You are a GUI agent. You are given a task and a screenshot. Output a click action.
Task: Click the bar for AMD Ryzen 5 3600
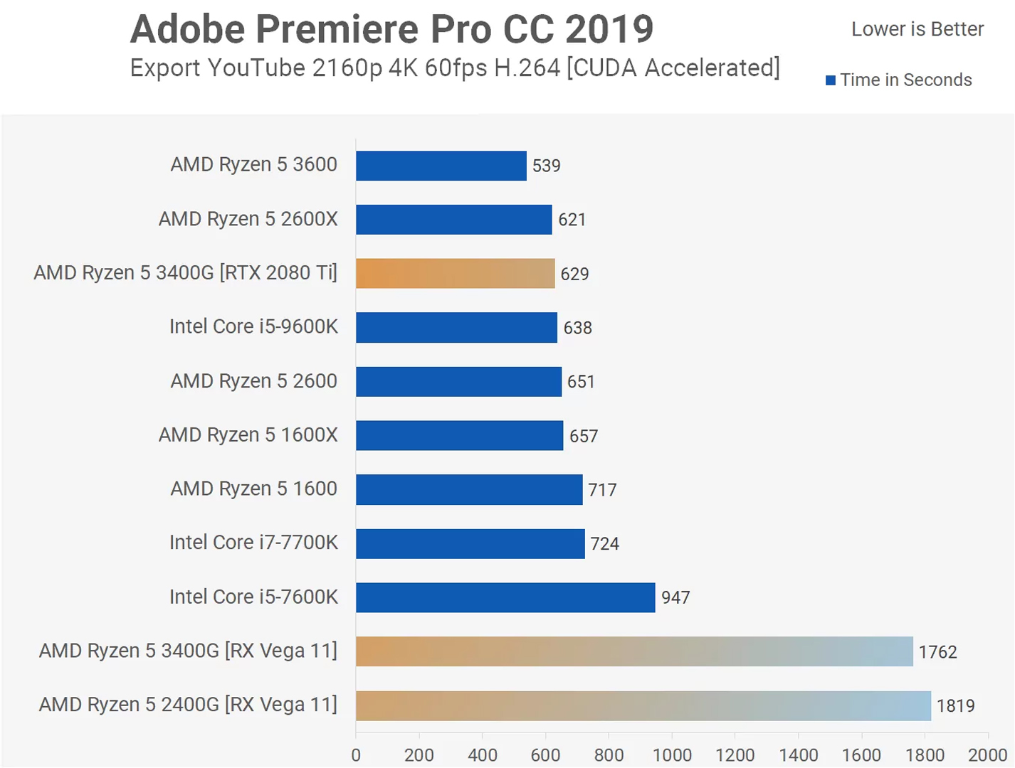coord(441,166)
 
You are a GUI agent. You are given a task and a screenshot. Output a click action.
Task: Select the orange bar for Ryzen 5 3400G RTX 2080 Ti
coord(455,273)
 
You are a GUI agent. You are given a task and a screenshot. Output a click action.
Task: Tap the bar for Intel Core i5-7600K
coord(505,597)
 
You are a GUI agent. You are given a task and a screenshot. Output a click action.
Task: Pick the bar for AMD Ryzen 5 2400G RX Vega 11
coord(643,705)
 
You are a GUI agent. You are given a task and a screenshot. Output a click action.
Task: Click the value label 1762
coord(937,652)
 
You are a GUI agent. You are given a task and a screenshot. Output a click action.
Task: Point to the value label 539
coord(546,166)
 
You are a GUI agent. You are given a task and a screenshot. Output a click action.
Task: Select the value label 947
coord(675,597)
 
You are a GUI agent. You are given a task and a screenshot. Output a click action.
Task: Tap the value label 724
coord(604,544)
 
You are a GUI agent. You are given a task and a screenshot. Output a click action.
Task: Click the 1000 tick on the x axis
coord(671,755)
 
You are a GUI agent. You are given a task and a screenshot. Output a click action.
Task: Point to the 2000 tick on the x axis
coord(987,755)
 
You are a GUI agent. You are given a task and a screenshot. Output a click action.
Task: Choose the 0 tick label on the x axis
coord(356,755)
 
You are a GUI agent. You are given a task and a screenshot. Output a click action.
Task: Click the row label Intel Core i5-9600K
coord(253,326)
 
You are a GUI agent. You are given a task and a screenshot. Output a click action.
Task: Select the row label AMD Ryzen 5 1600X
coord(248,434)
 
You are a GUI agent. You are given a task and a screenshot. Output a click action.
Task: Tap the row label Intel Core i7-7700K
coord(253,543)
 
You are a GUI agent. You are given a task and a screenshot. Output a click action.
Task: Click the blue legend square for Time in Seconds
coord(830,80)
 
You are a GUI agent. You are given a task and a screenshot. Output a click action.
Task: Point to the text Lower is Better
coord(917,29)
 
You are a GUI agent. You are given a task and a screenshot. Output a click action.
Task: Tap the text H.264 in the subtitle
coord(527,68)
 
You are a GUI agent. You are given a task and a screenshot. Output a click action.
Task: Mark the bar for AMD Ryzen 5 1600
coord(469,489)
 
